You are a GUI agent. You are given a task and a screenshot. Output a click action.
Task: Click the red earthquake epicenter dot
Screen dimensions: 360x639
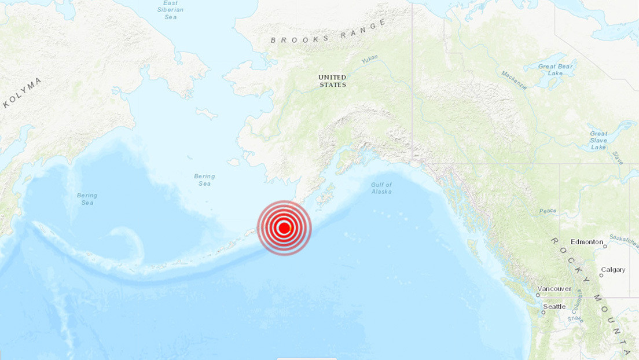point(284,228)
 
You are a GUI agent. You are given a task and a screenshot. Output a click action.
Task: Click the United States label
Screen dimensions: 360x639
point(333,81)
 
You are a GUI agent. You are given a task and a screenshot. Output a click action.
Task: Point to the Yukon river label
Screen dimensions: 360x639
point(369,60)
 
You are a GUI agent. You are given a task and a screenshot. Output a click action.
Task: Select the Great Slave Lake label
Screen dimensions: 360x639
point(598,140)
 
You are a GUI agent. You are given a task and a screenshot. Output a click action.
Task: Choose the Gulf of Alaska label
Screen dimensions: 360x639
point(381,188)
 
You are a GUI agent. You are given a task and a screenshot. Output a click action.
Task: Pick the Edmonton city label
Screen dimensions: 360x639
point(587,242)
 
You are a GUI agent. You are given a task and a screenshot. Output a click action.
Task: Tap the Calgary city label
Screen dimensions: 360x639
point(613,270)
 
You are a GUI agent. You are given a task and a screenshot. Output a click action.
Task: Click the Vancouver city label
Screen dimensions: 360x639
point(554,289)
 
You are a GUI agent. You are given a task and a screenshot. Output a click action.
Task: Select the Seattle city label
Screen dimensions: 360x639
point(554,306)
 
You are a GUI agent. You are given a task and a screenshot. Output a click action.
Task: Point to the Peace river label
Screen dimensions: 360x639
point(547,211)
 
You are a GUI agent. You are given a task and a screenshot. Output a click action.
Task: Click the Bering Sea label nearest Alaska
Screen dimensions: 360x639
point(205,180)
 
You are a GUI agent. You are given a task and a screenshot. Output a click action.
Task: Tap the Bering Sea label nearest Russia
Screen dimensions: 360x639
point(87,199)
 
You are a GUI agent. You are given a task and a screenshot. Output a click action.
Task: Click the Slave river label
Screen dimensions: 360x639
point(619,159)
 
